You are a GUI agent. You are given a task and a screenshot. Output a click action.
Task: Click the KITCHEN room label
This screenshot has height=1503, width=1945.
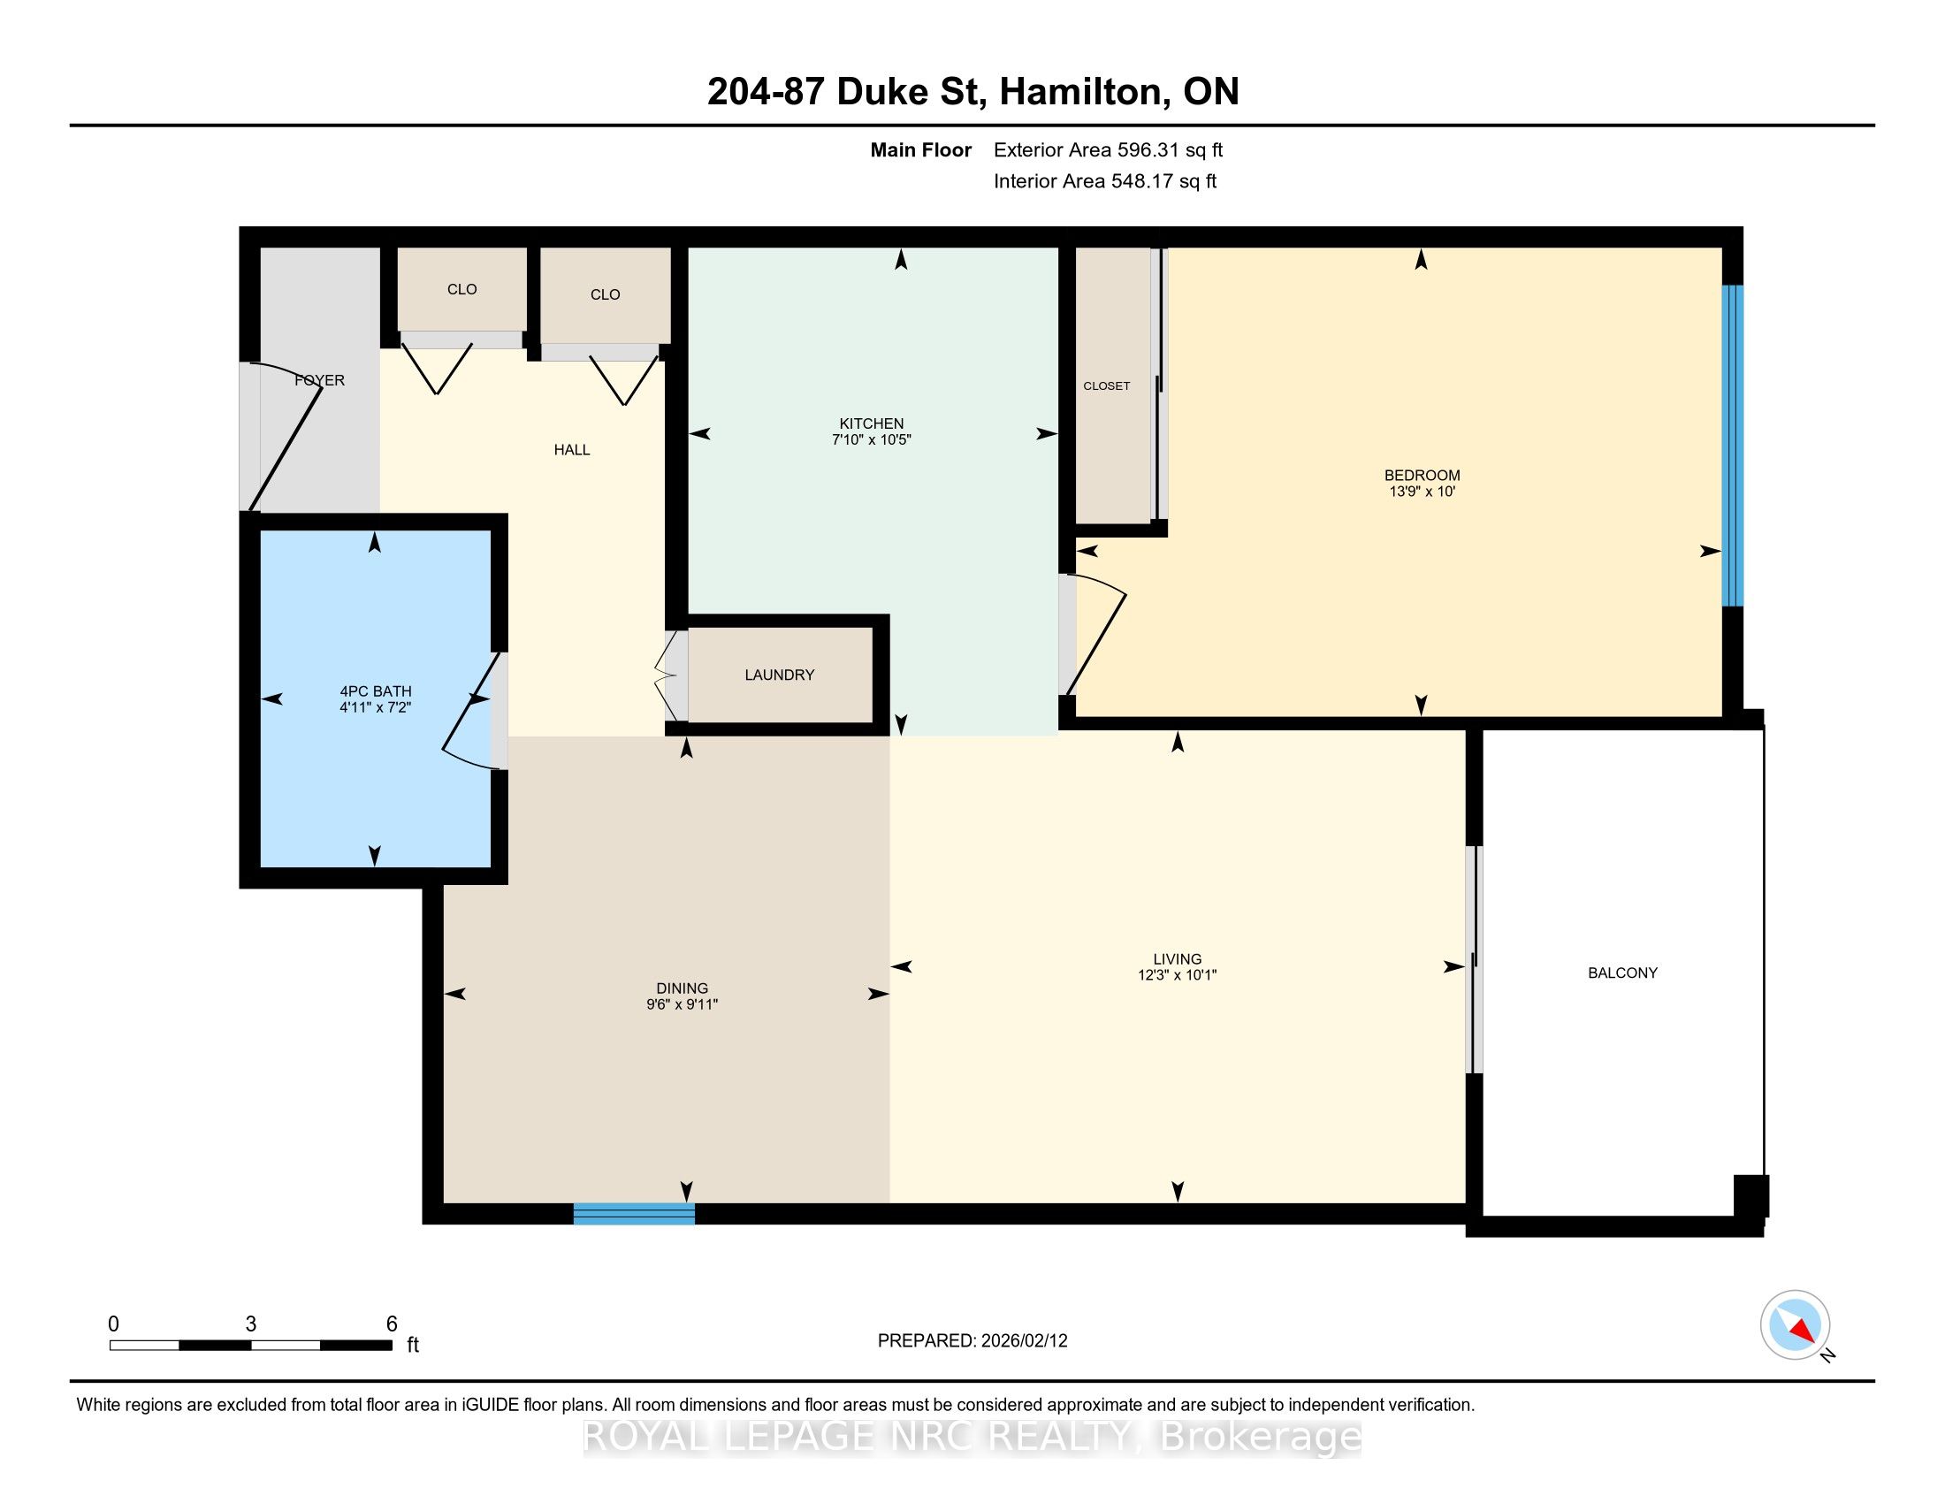click(x=871, y=423)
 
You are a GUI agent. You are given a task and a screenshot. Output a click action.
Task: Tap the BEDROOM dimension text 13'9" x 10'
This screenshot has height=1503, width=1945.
click(x=1422, y=491)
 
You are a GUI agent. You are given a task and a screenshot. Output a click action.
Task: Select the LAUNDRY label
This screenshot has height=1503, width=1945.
click(x=779, y=675)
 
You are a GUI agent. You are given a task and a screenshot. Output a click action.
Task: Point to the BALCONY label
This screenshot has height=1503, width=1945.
click(x=1621, y=973)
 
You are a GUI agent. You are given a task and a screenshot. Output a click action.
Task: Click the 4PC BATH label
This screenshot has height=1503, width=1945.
click(x=376, y=691)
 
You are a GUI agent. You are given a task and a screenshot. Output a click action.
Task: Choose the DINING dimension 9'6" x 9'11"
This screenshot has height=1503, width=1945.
click(x=683, y=1004)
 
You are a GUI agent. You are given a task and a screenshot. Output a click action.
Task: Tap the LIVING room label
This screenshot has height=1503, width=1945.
click(x=1178, y=959)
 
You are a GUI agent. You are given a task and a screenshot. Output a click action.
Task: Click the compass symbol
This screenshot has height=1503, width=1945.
click(x=1795, y=1325)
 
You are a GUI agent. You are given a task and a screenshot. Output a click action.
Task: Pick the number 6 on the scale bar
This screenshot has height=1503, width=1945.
click(x=391, y=1324)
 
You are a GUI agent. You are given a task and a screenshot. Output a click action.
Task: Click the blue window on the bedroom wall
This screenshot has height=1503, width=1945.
click(x=1732, y=446)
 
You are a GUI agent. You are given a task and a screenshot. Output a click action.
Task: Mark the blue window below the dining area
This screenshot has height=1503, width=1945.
click(x=633, y=1214)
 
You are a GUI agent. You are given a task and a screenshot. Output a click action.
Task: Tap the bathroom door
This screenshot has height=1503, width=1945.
click(x=472, y=712)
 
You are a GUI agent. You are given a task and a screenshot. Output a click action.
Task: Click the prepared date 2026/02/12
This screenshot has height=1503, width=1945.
click(x=1024, y=1341)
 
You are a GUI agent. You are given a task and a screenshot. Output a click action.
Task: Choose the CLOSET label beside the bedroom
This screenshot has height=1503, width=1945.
click(x=1106, y=385)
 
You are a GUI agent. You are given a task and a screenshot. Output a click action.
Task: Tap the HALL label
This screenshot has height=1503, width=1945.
click(x=572, y=450)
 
